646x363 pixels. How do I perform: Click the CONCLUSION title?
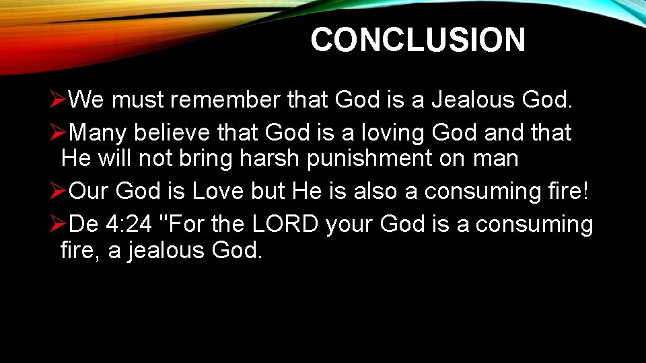(417, 40)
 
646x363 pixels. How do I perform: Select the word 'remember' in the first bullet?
(225, 99)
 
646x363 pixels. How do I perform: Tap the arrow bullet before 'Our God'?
(59, 192)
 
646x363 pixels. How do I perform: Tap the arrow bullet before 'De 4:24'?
(59, 224)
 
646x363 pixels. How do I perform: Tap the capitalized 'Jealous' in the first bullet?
(472, 99)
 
